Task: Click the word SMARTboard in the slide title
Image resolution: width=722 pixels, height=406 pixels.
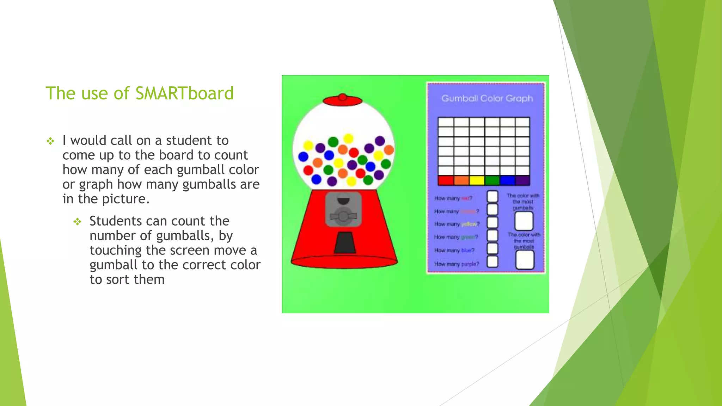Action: coord(184,93)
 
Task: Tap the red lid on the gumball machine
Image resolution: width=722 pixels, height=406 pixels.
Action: coord(342,100)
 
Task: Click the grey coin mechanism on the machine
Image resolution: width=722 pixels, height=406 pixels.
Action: coord(343,209)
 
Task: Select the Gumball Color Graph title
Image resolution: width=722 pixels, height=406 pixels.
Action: coord(487,98)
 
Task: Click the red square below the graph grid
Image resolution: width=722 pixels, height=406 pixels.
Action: coord(446,180)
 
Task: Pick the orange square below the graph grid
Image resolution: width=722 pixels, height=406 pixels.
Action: coord(461,180)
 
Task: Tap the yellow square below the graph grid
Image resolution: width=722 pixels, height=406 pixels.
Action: coord(477,180)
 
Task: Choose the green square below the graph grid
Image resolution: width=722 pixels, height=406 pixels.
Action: coord(492,180)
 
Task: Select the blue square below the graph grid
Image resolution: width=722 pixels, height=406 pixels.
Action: coord(507,180)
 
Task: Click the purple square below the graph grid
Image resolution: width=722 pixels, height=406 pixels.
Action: coord(522,180)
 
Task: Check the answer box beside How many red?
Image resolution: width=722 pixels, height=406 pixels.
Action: coord(492,197)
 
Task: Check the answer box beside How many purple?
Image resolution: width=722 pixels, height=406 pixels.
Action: coord(492,262)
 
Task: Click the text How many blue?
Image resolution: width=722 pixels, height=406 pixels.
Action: coord(454,251)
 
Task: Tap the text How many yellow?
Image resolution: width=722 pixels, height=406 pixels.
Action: coord(457,224)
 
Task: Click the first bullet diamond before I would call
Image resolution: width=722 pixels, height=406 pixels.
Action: coord(50,141)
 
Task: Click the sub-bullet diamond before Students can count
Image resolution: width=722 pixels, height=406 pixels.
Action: coord(78,222)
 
